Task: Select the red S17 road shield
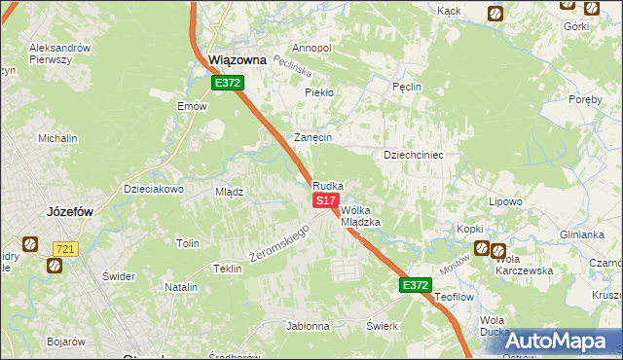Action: [x=325, y=199]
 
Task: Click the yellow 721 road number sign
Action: [x=65, y=249]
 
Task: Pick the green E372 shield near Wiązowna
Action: [x=227, y=84]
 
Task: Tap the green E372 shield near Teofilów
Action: [x=414, y=285]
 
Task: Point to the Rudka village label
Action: [x=328, y=185]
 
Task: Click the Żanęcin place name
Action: [x=314, y=137]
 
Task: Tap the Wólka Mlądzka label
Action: [x=359, y=215]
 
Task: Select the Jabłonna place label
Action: [x=308, y=326]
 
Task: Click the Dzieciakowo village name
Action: [x=154, y=189]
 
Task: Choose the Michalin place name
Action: [x=57, y=138]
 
